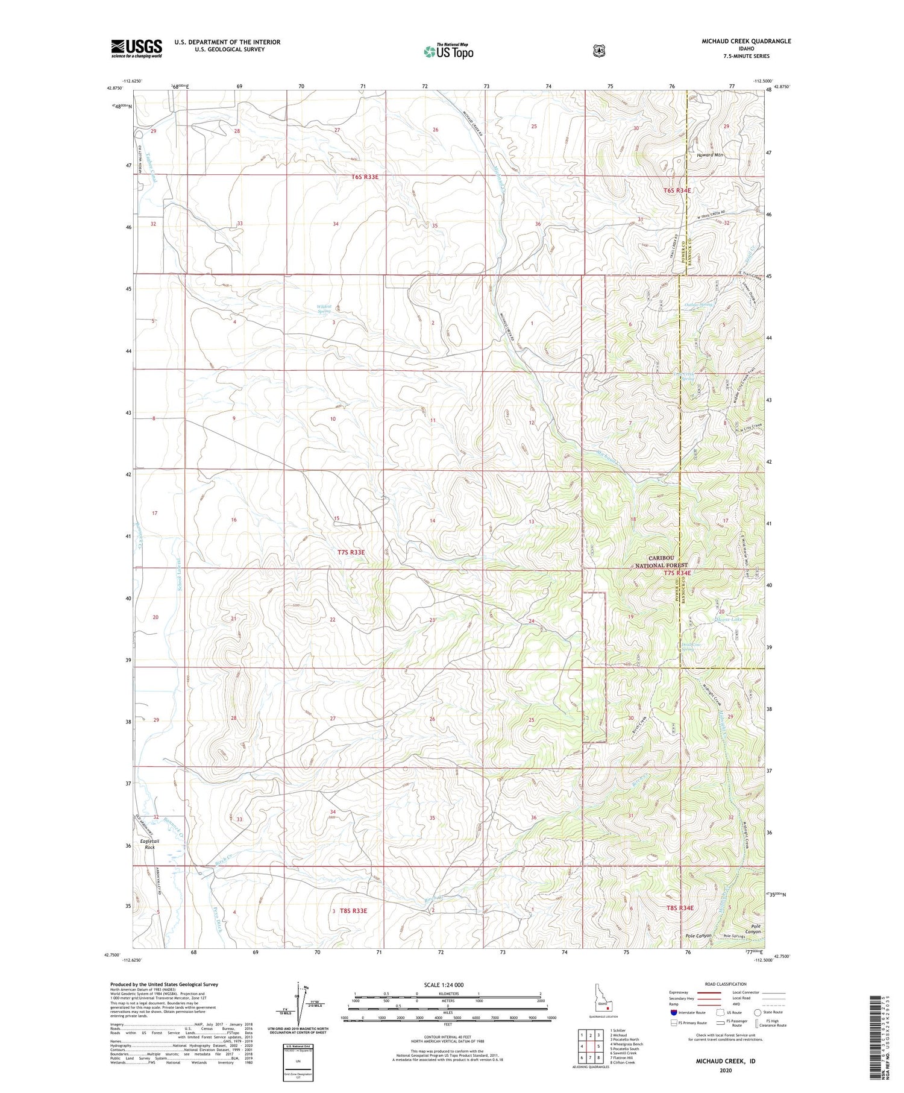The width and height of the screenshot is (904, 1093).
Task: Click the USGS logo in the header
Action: [136, 48]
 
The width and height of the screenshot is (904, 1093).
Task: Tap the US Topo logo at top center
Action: [448, 51]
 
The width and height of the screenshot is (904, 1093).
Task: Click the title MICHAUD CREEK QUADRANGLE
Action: [745, 41]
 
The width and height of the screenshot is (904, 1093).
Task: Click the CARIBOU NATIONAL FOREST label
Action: [661, 561]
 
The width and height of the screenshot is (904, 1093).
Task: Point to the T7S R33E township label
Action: [351, 552]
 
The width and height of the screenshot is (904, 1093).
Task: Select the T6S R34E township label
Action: [677, 191]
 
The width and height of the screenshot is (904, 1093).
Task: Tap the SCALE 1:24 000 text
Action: [444, 984]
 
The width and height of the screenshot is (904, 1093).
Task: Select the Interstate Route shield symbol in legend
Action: [673, 1012]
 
